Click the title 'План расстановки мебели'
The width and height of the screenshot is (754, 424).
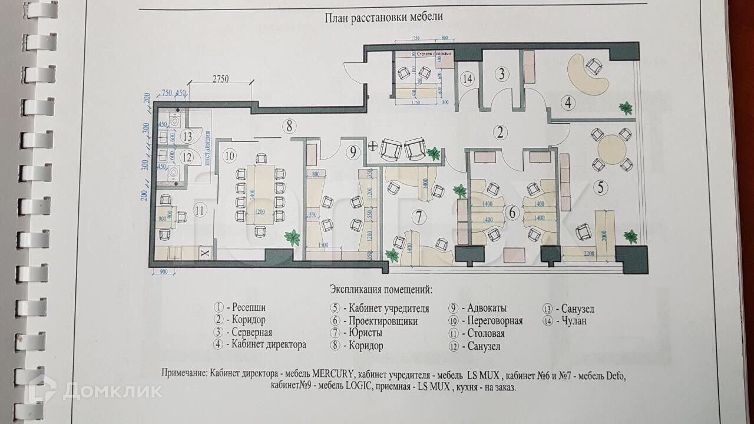tap(383, 17)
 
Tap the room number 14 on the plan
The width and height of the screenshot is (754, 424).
tap(468, 78)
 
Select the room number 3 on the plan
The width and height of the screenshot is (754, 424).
tap(501, 74)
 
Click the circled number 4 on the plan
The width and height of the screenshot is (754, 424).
tap(568, 102)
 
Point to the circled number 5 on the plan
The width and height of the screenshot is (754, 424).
tap(600, 188)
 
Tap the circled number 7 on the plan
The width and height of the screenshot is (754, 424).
tap(418, 217)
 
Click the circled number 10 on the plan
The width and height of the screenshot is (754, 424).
tap(229, 156)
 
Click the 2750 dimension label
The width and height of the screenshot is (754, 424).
tap(220, 79)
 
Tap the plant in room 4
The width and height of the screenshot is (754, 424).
tap(626, 108)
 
